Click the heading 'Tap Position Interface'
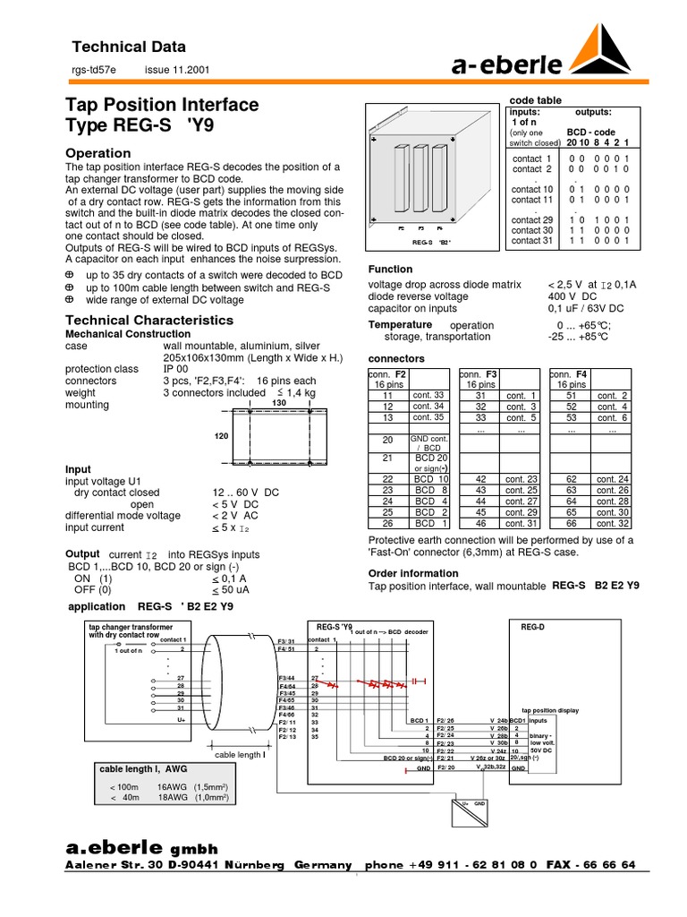162,105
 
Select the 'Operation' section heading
98,153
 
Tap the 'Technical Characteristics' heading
149,320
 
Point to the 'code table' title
535,100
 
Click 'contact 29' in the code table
532,219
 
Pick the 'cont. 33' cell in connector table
428,395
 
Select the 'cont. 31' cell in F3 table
521,523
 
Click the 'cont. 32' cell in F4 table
613,523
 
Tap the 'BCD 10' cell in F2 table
424,480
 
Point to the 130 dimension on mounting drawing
277,404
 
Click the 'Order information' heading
413,573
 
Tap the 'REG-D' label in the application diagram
532,627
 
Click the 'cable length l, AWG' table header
143,768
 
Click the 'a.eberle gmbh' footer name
142,847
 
